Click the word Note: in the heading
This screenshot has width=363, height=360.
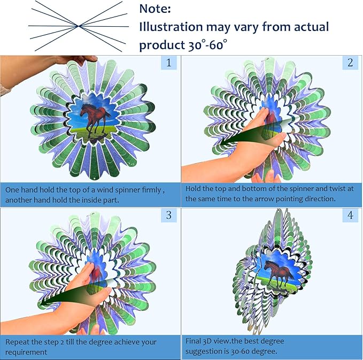point(155,9)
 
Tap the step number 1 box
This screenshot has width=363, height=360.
point(169,63)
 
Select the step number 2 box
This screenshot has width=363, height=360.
point(350,63)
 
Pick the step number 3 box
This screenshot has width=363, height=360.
point(169,215)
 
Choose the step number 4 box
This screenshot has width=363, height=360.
point(350,215)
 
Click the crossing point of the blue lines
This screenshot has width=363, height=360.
point(79,26)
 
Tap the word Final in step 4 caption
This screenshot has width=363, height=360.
point(193,341)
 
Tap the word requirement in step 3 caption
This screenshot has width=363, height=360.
point(26,353)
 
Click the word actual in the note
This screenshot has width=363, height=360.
point(311,27)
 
